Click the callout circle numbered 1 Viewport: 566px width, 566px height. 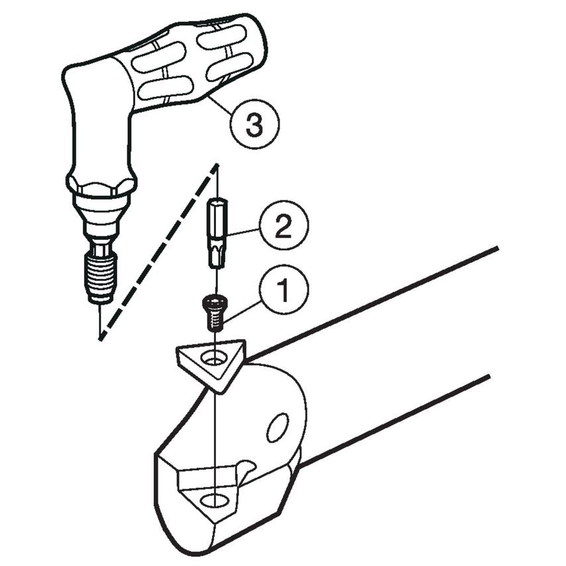(282, 290)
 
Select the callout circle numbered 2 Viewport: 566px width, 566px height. (283, 229)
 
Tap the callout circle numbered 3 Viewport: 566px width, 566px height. (255, 123)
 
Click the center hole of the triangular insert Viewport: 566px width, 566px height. (214, 359)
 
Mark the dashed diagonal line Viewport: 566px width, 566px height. (159, 252)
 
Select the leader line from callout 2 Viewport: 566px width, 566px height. (243, 232)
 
